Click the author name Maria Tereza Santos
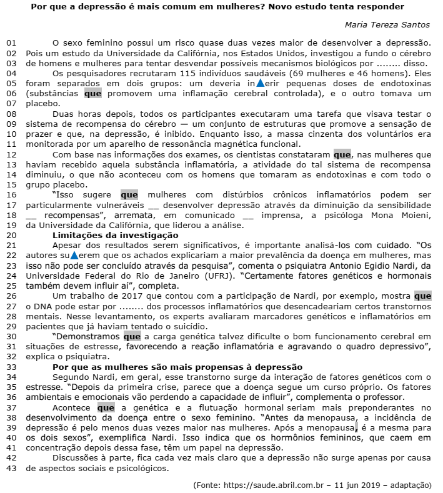(387, 25)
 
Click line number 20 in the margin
(11, 235)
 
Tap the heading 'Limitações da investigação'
(116, 235)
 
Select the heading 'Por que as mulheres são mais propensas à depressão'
(177, 366)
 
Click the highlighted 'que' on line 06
(92, 93)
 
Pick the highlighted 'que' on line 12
(342, 154)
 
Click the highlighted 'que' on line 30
(132, 336)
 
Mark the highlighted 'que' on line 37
(106, 407)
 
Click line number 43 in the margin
(11, 467)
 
